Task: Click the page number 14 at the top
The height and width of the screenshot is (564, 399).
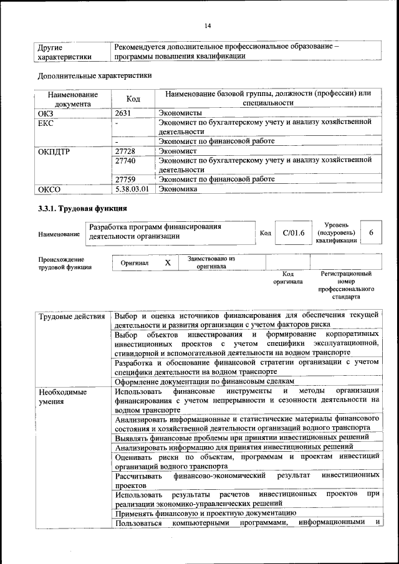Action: pos(207,26)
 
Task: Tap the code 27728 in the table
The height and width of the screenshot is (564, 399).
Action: pos(126,151)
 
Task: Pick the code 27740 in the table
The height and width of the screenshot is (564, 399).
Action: pos(126,161)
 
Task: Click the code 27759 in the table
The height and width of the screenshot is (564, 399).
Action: pos(126,179)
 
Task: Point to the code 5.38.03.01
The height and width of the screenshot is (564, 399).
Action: pos(132,189)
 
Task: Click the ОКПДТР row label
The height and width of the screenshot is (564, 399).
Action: pos(56,151)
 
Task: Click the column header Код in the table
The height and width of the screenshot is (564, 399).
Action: pos(133,98)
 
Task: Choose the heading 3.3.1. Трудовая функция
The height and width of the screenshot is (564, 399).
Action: pos(82,208)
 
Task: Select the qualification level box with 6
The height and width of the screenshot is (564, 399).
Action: pos(371,232)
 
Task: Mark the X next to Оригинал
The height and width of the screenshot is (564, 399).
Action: pos(168,263)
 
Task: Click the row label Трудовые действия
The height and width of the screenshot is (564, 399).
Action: pos(71,317)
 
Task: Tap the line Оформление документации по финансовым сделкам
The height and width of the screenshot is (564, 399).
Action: pos(204,381)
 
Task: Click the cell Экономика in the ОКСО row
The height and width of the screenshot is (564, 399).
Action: pos(178,189)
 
